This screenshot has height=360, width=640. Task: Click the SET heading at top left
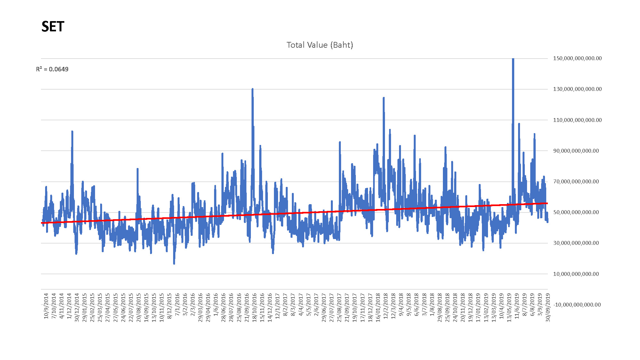[x=53, y=27]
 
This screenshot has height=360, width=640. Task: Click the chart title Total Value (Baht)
[x=320, y=45]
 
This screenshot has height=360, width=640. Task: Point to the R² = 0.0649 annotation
[x=52, y=69]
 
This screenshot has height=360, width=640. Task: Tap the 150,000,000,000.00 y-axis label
[x=577, y=58]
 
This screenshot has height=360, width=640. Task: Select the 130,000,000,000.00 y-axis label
[x=577, y=89]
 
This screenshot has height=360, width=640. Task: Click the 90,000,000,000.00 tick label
[x=576, y=151]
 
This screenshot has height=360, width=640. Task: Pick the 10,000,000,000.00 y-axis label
[x=576, y=274]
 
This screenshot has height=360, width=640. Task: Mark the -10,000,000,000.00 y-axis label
[x=577, y=305]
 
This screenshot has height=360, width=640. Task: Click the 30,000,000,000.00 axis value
[x=576, y=243]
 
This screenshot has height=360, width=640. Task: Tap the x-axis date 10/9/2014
[x=46, y=306]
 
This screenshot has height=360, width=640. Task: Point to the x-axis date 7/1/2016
[x=177, y=305]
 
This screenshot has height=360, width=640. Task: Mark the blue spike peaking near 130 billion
[x=252, y=90]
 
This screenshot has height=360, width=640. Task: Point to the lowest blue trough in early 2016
[x=174, y=263]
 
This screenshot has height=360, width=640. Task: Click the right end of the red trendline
[x=547, y=203]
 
